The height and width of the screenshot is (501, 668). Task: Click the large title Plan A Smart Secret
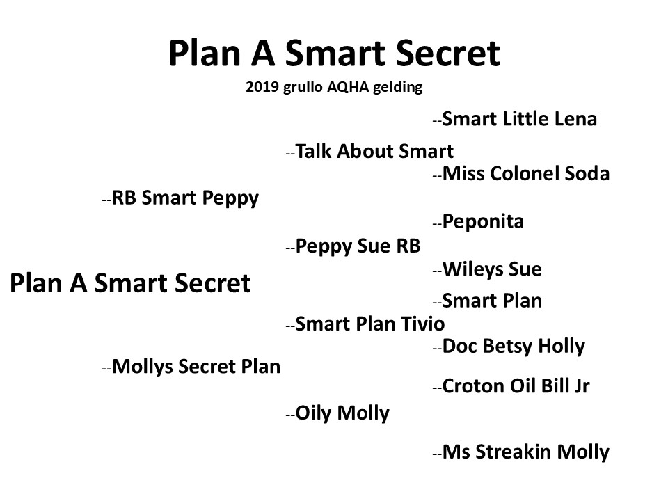[x=335, y=53]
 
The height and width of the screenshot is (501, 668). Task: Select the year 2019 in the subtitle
[x=262, y=87]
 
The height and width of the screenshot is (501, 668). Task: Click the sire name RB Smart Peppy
[x=185, y=198]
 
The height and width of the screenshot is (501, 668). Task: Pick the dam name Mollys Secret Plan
[x=196, y=367]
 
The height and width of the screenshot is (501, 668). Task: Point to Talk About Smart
[x=374, y=151]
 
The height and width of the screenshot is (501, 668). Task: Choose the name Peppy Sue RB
[x=358, y=246]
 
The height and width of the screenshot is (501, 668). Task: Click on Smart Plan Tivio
[x=369, y=324]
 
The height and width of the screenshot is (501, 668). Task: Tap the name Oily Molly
[x=342, y=413]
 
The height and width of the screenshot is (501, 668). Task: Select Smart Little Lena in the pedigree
[x=519, y=119]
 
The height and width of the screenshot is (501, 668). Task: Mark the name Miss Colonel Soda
[x=526, y=174]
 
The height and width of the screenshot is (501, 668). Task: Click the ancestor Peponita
[x=483, y=222]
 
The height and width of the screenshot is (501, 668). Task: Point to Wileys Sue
[x=492, y=269]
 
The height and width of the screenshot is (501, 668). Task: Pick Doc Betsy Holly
[x=514, y=347]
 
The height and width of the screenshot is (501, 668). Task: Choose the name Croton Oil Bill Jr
[x=516, y=386]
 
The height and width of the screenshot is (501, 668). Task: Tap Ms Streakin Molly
[x=526, y=452]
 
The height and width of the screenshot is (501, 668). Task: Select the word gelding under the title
[x=397, y=88]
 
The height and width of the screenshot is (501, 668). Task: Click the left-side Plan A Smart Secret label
[x=130, y=283]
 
